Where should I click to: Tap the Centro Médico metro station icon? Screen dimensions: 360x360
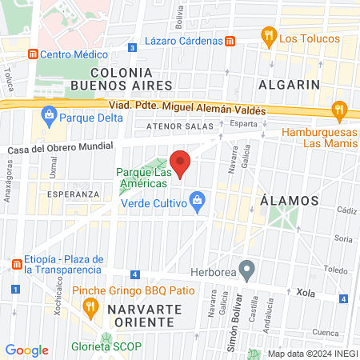point(33,54)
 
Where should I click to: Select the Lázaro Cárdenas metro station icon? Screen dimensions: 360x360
point(229,42)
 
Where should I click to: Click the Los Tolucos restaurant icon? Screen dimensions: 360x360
point(268,36)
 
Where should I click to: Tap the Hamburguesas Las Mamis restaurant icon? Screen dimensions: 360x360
point(339,110)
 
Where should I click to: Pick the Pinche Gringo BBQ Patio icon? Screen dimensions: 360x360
point(92,306)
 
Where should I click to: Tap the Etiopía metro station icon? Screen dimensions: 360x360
point(15,264)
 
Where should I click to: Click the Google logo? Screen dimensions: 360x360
point(27,350)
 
